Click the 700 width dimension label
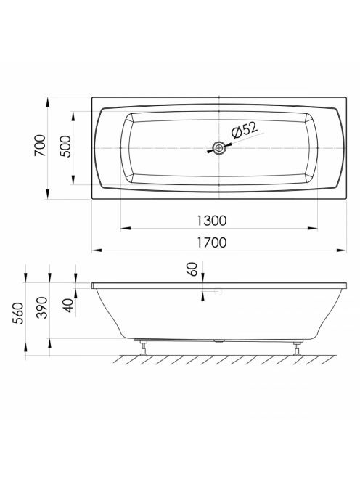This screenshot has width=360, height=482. (x=40, y=145)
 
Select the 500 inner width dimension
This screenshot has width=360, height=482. (x=65, y=147)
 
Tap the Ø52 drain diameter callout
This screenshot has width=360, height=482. (x=245, y=131)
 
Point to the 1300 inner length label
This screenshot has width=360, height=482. (x=211, y=221)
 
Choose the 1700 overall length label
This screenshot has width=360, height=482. (x=211, y=242)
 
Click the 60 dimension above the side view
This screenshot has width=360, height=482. (x=192, y=269)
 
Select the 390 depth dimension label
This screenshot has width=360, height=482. (x=42, y=308)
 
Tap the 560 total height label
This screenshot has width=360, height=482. (x=18, y=314)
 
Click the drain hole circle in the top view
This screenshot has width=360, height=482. (x=219, y=148)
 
